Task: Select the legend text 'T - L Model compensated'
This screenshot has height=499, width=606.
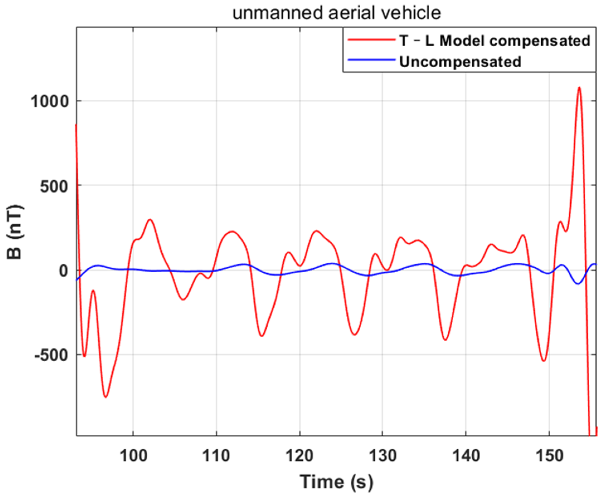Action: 494,41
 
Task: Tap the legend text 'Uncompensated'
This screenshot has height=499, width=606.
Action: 460,62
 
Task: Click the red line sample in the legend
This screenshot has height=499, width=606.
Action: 371,40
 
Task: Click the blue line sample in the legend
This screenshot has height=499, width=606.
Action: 371,60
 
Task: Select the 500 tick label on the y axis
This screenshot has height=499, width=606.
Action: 54,186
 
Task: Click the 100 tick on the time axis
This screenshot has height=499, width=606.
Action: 133,456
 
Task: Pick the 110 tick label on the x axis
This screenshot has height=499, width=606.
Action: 216,456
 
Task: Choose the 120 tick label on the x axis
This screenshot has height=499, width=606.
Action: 300,456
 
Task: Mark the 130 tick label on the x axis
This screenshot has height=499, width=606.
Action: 383,456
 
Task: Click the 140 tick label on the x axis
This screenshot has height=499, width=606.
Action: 466,456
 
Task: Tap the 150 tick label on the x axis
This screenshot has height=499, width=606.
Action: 549,456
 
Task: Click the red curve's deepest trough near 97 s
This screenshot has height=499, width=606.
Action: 106,397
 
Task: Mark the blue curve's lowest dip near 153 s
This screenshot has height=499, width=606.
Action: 578,284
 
